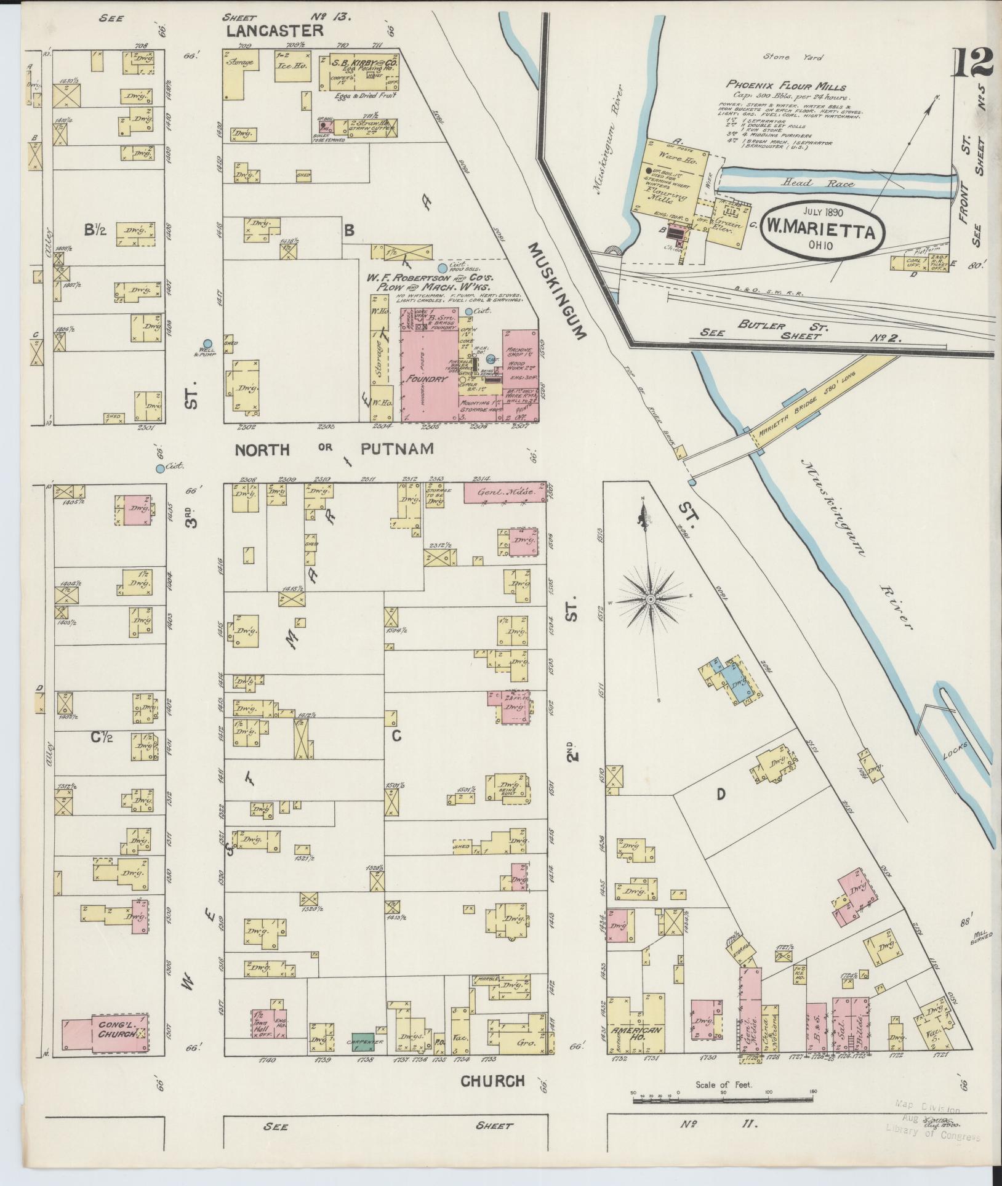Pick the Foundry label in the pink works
[x=428, y=379]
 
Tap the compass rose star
[x=650, y=599]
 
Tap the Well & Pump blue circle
[x=207, y=343]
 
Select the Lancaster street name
[x=275, y=31]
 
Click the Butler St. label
[x=761, y=327]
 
